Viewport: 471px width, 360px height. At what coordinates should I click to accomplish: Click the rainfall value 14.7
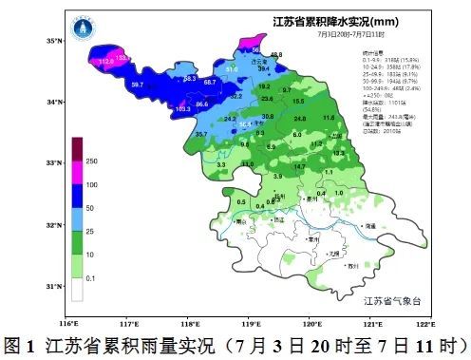(x=300, y=166)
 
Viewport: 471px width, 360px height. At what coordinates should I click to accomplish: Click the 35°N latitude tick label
(x=53, y=41)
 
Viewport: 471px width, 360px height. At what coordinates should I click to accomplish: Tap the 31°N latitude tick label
(x=53, y=286)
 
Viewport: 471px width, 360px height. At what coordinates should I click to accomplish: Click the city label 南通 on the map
(x=371, y=226)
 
